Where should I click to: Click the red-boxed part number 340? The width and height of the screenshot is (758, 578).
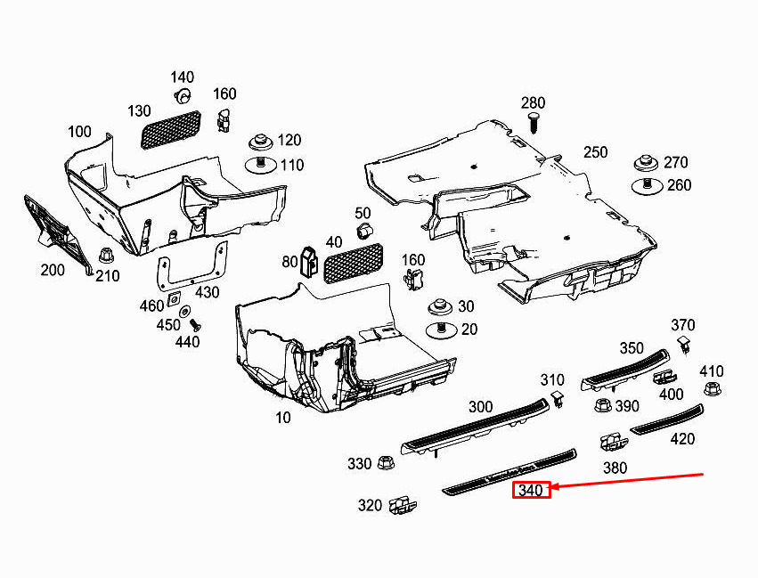pyautogui.click(x=531, y=490)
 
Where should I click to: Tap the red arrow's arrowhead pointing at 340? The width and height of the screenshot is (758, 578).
pyautogui.click(x=553, y=486)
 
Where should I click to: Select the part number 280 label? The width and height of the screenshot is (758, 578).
pyautogui.click(x=533, y=103)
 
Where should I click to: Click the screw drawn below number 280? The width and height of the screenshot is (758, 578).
pyautogui.click(x=534, y=124)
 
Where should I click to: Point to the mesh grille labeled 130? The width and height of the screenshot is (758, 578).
pyautogui.click(x=171, y=129)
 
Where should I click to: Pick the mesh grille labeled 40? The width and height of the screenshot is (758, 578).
pyautogui.click(x=353, y=264)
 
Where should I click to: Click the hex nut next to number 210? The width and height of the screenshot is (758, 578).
pyautogui.click(x=106, y=256)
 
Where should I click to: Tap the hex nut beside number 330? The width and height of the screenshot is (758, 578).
pyautogui.click(x=385, y=463)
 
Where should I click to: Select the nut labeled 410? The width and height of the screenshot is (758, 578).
pyautogui.click(x=711, y=388)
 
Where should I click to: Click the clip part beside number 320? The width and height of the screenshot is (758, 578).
pyautogui.click(x=403, y=505)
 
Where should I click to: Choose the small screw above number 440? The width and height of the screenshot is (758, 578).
pyautogui.click(x=195, y=324)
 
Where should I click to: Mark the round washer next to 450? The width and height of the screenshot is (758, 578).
pyautogui.click(x=184, y=311)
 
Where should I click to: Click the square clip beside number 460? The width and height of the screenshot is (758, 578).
pyautogui.click(x=173, y=299)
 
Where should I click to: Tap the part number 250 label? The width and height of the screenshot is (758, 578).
pyautogui.click(x=595, y=152)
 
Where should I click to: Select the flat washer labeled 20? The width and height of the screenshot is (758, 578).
pyautogui.click(x=441, y=330)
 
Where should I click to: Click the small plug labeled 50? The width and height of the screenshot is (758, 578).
pyautogui.click(x=363, y=232)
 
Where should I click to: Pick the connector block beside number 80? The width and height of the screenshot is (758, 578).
pyautogui.click(x=308, y=262)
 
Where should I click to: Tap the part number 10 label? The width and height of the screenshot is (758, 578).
pyautogui.click(x=282, y=417)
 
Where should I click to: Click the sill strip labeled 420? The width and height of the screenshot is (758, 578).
pyautogui.click(x=666, y=419)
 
